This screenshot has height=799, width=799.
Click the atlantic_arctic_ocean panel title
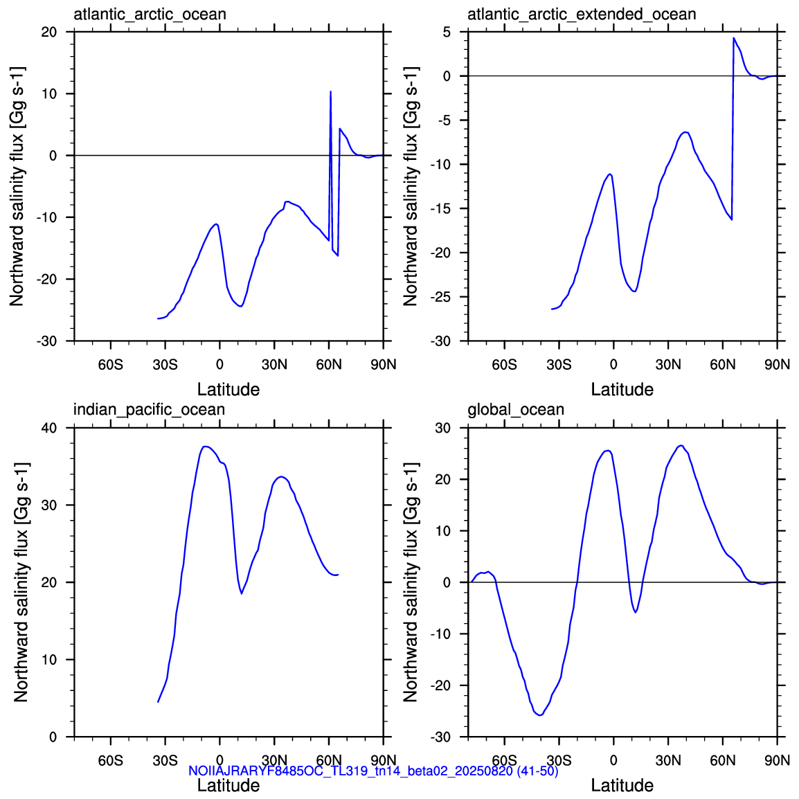click(150, 14)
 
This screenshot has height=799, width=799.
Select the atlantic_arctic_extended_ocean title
click(582, 14)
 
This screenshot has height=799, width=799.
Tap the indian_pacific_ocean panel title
click(149, 409)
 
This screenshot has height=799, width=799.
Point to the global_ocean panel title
click(516, 409)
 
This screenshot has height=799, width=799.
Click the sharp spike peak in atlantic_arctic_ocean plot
click(331, 91)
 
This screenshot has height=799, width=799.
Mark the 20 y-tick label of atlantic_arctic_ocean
click(49, 32)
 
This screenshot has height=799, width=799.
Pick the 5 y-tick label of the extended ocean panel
click(447, 32)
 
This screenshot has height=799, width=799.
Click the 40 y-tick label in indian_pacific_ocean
click(49, 428)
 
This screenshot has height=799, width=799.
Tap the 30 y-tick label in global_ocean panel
click(443, 428)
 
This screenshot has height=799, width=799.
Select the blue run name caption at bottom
click(373, 771)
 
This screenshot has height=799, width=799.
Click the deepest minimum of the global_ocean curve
click(539, 715)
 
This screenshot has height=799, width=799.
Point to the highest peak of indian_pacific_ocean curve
click(205, 447)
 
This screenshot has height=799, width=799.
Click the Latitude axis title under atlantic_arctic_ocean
click(228, 389)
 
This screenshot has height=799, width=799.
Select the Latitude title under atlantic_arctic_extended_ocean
click(622, 389)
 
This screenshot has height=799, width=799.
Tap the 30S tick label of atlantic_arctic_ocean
click(165, 365)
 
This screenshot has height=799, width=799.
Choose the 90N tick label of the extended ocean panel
click(778, 365)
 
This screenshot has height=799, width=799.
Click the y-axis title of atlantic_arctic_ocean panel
click(17, 186)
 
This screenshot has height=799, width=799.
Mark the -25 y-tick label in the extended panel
click(440, 297)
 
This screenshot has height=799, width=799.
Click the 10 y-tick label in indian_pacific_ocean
click(49, 660)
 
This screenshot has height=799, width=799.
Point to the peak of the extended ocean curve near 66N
click(734, 37)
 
